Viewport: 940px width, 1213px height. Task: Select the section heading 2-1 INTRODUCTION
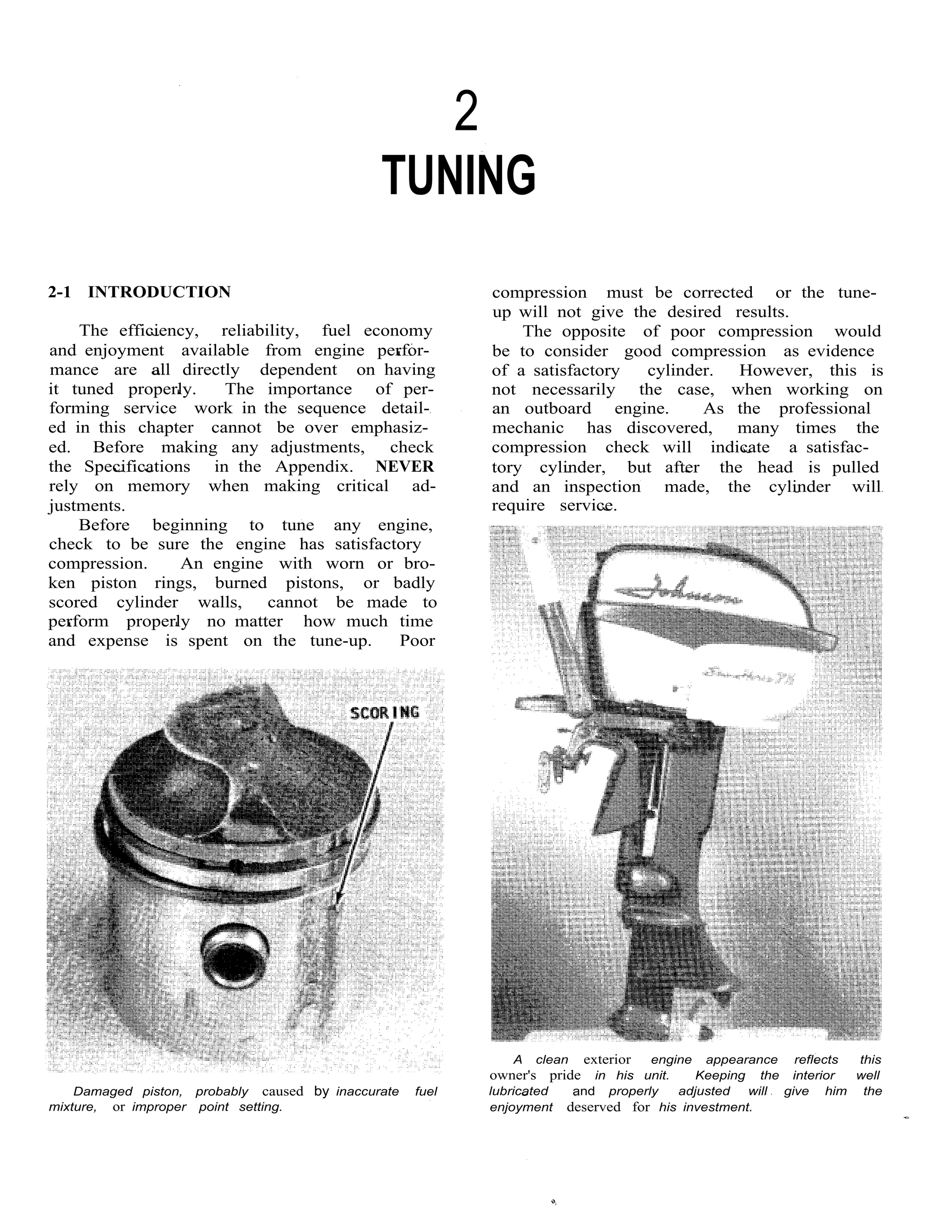(x=140, y=292)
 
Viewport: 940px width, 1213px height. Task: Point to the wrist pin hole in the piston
(x=235, y=959)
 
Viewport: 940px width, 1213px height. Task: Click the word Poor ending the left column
(x=417, y=641)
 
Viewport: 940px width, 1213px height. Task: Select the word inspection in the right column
(x=602, y=486)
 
